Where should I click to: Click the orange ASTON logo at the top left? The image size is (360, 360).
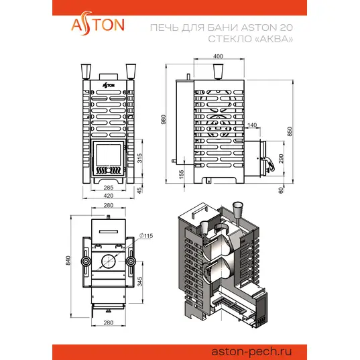[98, 24]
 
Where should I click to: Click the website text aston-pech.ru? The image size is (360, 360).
[251, 351]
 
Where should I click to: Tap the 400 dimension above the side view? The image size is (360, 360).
[218, 56]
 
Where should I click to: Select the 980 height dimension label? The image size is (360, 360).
[163, 119]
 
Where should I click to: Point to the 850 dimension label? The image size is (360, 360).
[290, 131]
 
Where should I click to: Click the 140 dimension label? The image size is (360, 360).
[252, 125]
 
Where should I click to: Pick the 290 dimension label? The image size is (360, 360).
[281, 159]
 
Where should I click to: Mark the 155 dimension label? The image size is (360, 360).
[181, 174]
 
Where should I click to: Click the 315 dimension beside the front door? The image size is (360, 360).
[139, 158]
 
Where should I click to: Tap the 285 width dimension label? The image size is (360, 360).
[109, 188]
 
